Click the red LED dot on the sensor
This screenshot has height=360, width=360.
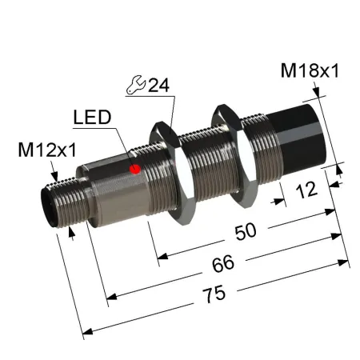pyautogui.click(x=135, y=169)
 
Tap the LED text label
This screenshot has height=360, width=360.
pyautogui.click(x=92, y=118)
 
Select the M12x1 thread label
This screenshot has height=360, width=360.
pyautogui.click(x=47, y=150)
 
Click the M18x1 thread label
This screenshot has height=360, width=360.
pyautogui.click(x=310, y=71)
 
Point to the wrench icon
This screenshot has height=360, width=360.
pyautogui.click(x=135, y=85)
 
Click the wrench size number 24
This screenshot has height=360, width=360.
pyautogui.click(x=159, y=86)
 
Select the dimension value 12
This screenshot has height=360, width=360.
pyautogui.click(x=306, y=190)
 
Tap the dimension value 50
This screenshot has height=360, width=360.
pyautogui.click(x=246, y=231)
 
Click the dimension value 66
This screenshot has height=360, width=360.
pyautogui.click(x=223, y=263)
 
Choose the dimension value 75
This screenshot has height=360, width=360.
pyautogui.click(x=214, y=294)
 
